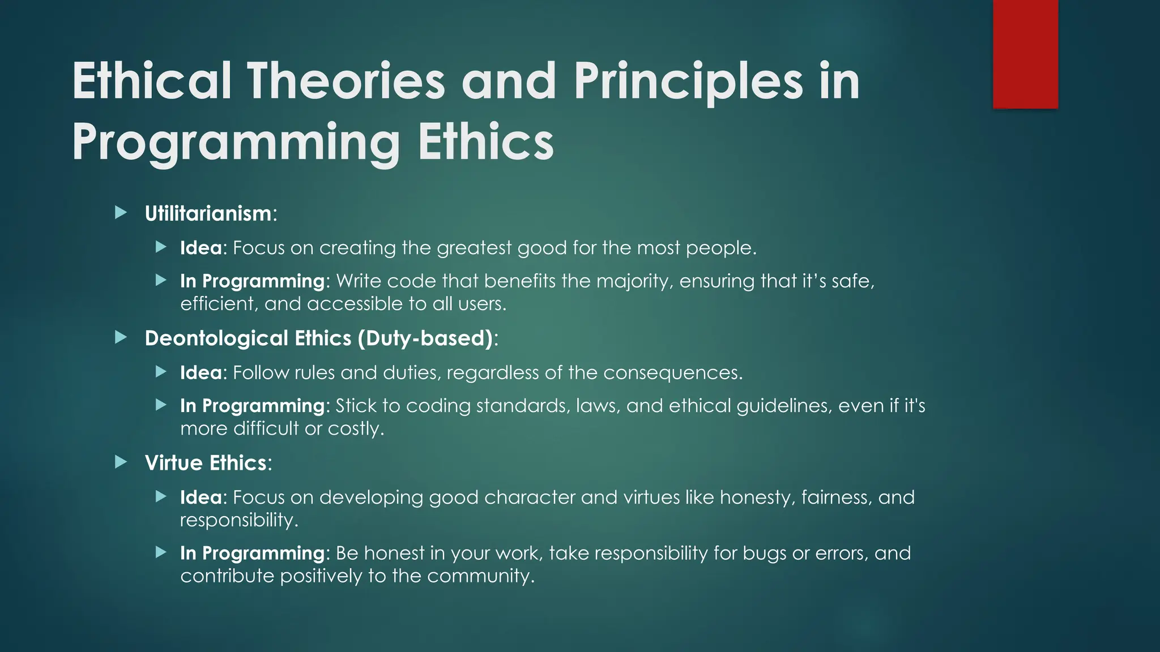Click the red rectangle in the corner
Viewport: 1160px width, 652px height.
click(x=1025, y=54)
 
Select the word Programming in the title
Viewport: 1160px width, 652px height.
click(x=236, y=143)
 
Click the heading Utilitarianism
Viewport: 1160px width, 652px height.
click(x=208, y=214)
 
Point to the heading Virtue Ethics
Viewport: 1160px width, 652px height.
click(x=206, y=463)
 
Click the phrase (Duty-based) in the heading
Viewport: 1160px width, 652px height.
click(x=425, y=338)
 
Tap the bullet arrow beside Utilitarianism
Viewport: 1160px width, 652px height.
click(x=121, y=213)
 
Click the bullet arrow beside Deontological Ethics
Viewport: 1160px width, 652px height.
click(x=121, y=338)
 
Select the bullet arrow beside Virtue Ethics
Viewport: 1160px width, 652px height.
click(x=121, y=462)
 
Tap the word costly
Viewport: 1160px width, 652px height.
click(x=355, y=428)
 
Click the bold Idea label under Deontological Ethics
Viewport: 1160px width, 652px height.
click(x=201, y=373)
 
